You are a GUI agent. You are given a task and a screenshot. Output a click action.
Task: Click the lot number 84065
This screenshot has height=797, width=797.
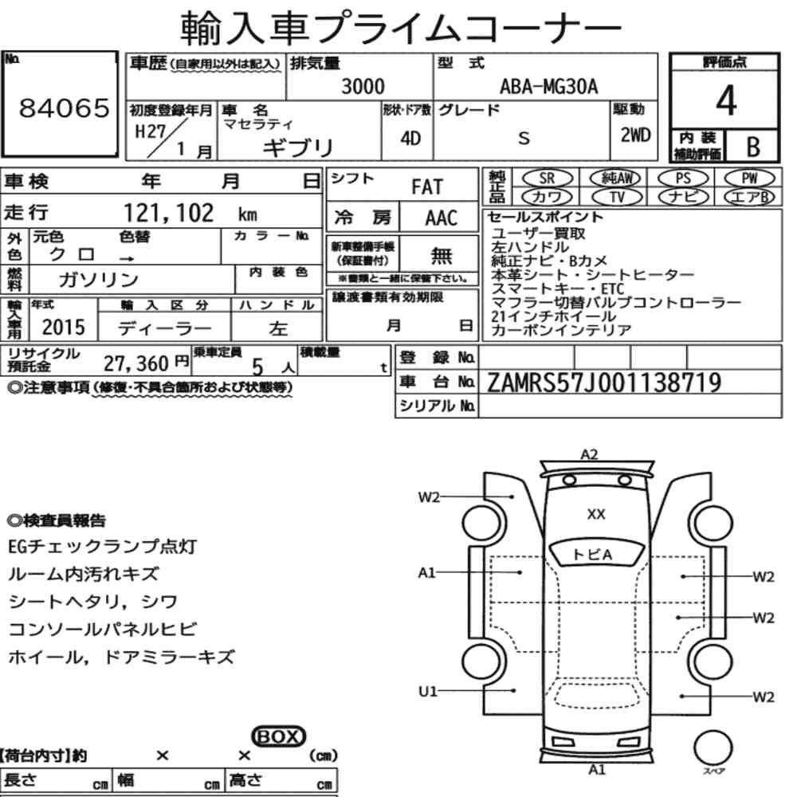64,108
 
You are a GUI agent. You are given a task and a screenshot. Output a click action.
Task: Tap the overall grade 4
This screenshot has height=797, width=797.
726,100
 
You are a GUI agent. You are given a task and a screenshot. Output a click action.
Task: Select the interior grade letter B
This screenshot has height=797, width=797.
753,147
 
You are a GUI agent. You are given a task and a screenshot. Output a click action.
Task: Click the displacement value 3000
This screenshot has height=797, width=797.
363,86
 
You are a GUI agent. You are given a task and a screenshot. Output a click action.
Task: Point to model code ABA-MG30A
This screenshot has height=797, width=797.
549,86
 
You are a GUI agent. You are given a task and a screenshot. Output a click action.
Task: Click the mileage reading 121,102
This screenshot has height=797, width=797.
169,213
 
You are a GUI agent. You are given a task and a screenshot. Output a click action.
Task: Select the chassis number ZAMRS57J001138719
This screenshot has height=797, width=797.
604,383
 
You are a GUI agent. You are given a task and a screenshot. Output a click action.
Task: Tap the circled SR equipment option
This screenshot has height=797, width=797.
548,178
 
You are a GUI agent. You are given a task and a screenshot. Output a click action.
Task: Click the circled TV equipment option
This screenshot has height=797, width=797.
617,197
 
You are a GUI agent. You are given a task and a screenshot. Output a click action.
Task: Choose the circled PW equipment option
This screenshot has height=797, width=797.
749,178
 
